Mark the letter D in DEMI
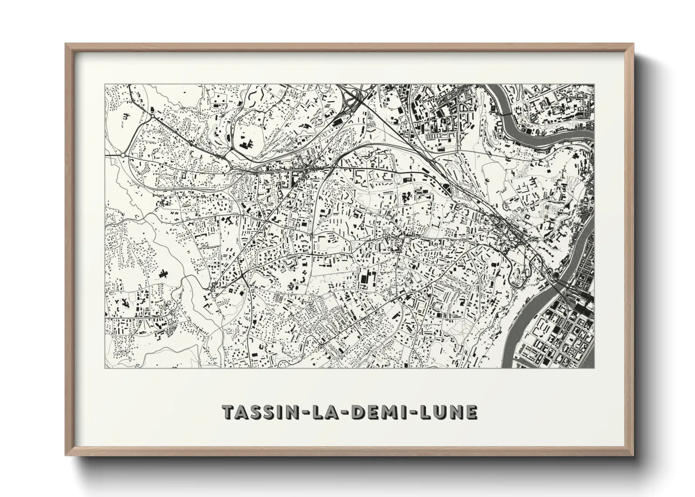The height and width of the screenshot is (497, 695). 357,412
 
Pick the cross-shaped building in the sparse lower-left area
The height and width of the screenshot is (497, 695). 164,273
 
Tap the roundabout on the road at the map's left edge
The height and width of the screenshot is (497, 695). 123,155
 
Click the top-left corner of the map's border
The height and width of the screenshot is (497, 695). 105,85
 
